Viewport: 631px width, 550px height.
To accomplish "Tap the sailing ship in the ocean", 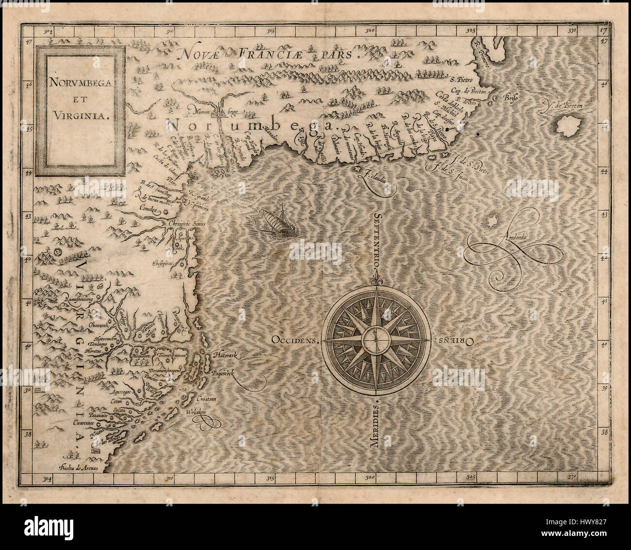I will (x=275, y=223).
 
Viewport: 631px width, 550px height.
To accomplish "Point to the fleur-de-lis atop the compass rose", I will (x=376, y=281).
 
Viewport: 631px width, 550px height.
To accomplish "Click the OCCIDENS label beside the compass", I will (x=295, y=340).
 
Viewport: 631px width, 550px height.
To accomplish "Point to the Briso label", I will (x=512, y=97).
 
